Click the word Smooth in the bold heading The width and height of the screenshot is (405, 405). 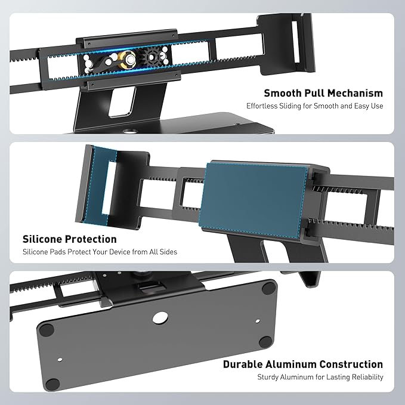(x=282, y=93)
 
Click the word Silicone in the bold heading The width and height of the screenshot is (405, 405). (x=42, y=239)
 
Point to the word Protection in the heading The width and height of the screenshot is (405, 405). (x=91, y=239)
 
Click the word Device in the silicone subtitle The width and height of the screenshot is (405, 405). (x=120, y=252)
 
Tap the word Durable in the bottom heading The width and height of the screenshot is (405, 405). (x=243, y=364)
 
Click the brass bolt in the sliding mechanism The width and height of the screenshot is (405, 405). (x=127, y=60)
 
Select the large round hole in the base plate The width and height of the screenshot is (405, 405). (x=160, y=317)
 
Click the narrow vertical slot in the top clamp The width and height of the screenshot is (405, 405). (x=295, y=42)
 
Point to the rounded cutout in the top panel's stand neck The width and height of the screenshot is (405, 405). (x=122, y=102)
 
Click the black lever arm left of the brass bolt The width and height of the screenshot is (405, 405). (x=101, y=65)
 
